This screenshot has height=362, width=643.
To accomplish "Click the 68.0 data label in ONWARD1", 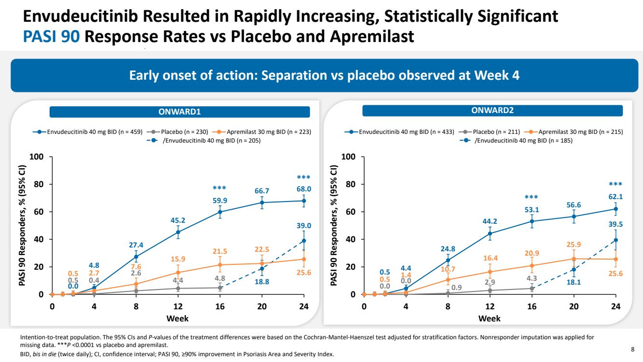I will tap(303, 189).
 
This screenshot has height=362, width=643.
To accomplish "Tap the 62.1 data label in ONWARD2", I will tap(616, 197).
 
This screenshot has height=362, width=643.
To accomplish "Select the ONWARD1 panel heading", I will tap(179, 112).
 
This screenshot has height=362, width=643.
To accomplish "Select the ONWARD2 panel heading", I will tap(492, 111).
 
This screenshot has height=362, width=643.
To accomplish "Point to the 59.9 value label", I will tap(220, 200).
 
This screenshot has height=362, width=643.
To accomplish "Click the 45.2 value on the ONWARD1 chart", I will tap(178, 221).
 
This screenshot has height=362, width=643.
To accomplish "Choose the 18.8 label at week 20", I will tap(262, 282).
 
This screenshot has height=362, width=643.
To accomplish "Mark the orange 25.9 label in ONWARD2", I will tap(574, 245).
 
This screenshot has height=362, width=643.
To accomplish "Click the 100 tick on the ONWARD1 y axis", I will tap(37, 157).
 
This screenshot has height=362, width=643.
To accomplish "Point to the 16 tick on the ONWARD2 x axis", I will tap(532, 306).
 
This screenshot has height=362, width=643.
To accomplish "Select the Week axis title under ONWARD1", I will tap(178, 319).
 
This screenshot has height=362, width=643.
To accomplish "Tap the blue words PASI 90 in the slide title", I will tap(52, 36).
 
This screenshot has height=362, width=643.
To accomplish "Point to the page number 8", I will tap(632, 348).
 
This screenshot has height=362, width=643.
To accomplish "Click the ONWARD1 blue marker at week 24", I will tap(303, 201).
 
